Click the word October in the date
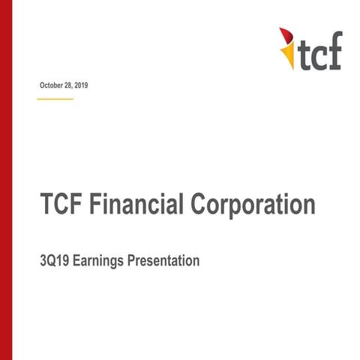pyautogui.click(x=52, y=86)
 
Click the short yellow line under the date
pyautogui.click(x=55, y=98)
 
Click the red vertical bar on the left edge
pyautogui.click(x=7, y=180)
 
